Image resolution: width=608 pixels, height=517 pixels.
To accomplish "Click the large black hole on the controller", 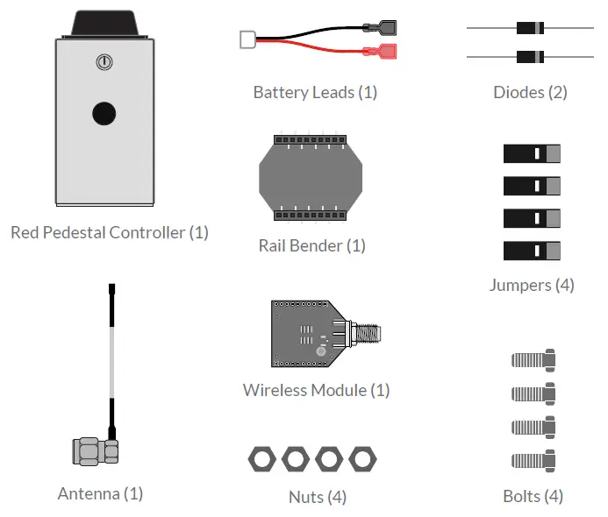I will [104, 113].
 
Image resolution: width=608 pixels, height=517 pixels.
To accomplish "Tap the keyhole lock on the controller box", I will [104, 62].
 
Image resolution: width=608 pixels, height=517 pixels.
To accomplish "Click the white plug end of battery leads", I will [247, 39].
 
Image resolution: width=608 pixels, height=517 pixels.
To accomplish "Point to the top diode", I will [530, 28].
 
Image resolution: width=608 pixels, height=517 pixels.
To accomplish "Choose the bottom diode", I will [530, 57].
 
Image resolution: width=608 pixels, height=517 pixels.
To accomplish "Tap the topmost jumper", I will [532, 154].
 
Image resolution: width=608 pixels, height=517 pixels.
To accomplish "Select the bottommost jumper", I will [532, 251].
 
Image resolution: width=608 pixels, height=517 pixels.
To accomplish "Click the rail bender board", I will [311, 179].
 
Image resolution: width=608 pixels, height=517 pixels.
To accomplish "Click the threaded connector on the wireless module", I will [368, 334].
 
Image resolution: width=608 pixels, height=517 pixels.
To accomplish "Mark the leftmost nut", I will [261, 458].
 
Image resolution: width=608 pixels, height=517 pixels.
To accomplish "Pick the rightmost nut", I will [362, 458].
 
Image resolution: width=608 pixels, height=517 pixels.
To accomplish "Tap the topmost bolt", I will [533, 358].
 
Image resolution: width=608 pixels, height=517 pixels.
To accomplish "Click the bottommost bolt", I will [533, 459].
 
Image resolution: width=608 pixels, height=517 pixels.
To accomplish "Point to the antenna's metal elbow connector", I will [95, 449].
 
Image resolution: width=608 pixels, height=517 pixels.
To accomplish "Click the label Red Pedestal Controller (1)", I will [110, 232].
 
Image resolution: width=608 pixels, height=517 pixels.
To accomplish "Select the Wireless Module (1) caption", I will [316, 390].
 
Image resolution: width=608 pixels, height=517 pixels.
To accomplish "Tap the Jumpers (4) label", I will [532, 285].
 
